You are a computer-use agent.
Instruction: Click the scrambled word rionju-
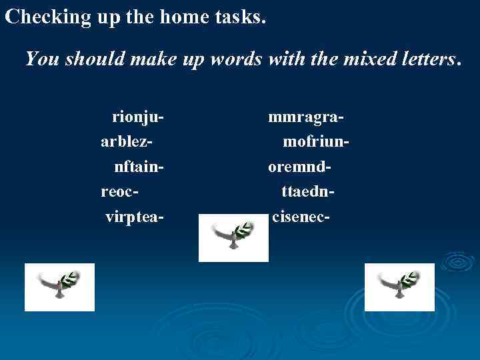point(138,118)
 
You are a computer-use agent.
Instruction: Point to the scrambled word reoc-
point(119,192)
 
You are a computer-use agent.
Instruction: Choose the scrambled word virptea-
point(135,217)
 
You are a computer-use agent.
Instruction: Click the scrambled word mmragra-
point(306,118)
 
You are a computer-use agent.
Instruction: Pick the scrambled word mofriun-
point(317,143)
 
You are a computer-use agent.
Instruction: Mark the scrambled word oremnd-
point(300,167)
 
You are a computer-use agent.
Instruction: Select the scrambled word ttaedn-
point(307,192)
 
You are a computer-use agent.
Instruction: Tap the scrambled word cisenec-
point(301,217)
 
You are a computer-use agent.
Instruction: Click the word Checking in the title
point(47,17)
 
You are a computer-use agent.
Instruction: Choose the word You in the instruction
point(42,59)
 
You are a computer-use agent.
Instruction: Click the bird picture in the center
point(233,238)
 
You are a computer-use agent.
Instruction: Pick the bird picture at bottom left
point(60,287)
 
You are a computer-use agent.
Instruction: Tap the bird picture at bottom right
point(399,287)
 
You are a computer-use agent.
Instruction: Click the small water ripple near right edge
point(457,261)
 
